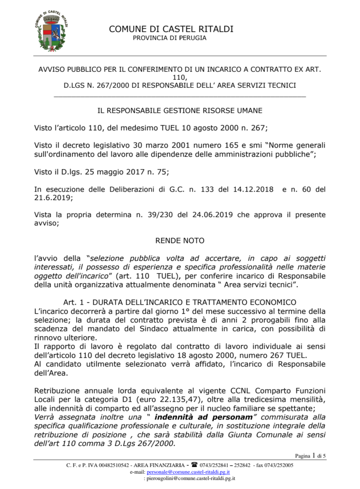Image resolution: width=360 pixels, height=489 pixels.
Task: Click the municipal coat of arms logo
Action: tap(53, 32)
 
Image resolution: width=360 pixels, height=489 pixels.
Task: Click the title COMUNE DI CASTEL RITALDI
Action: tap(171, 29)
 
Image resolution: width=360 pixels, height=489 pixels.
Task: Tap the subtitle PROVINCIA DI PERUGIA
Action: tap(169, 38)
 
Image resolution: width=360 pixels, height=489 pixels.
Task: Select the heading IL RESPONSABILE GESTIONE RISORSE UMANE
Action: tap(180, 110)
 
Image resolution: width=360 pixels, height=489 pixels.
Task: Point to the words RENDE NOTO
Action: tap(180, 240)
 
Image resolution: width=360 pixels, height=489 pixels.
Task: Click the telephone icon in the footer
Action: tap(194, 465)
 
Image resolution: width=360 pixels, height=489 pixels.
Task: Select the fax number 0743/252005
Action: tap(277, 465)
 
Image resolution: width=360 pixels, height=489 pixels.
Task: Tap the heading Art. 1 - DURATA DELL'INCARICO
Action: tap(180, 302)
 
